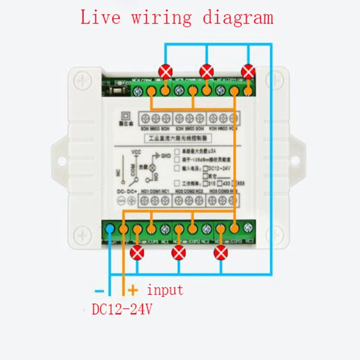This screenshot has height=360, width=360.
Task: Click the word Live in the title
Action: pyautogui.click(x=100, y=18)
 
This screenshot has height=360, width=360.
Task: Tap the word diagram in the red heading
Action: pyautogui.click(x=237, y=18)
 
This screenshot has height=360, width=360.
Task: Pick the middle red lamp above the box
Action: pyautogui.click(x=207, y=71)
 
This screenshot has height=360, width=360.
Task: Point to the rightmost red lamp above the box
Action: pyautogui.click(x=248, y=71)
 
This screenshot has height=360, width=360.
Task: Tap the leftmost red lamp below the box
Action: pyautogui.click(x=137, y=254)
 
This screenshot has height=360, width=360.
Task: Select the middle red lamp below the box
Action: pyautogui.click(x=179, y=254)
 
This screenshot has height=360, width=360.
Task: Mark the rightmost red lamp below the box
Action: pyautogui.click(x=220, y=254)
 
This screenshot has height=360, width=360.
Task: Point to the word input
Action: pyautogui.click(x=165, y=290)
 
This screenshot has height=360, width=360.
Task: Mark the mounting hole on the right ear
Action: pyautogui.click(x=297, y=158)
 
